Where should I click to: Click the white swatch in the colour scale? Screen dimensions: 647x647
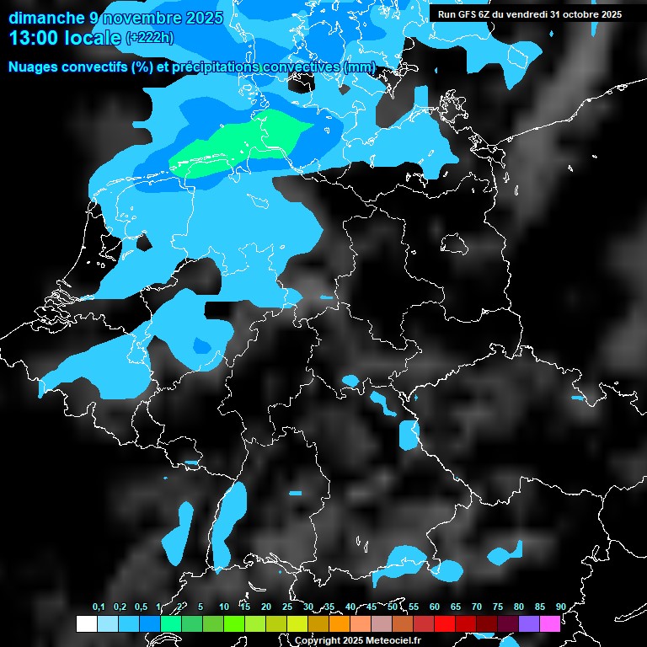coord(87,623)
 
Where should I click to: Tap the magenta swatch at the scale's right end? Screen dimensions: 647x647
coord(550,623)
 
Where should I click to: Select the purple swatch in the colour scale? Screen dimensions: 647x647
coord(529,623)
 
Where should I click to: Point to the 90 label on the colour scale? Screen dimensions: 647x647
coord(560,607)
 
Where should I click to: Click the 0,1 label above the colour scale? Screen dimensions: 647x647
coord(99,607)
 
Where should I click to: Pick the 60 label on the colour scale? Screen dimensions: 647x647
coord(435,607)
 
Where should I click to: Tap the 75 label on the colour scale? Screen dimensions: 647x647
coord(498,607)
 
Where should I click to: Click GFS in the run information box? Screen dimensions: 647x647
coord(467,14)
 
